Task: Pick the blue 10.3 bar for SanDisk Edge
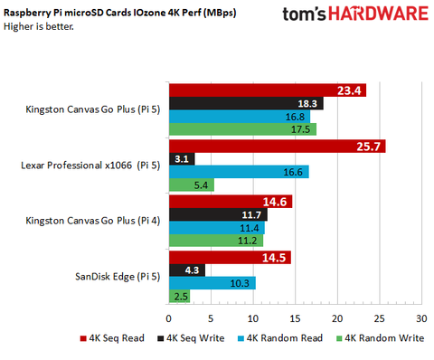pyautogui.click(x=211, y=283)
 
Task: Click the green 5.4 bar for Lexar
pyautogui.click(x=190, y=185)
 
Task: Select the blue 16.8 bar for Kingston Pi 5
pyautogui.click(x=239, y=116)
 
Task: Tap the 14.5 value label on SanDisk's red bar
pyautogui.click(x=276, y=257)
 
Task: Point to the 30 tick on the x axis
pyautogui.click(x=421, y=319)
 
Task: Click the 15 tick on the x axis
pyautogui.click(x=295, y=319)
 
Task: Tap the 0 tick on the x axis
pyautogui.click(x=168, y=319)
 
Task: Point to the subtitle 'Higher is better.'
pyautogui.click(x=42, y=26)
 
